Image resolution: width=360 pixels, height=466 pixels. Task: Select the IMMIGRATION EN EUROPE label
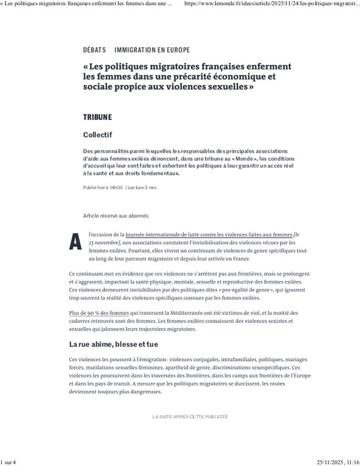[x=152, y=50]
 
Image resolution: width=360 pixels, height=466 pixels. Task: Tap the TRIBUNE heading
[x=97, y=118]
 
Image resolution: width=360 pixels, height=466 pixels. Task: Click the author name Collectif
[x=97, y=135]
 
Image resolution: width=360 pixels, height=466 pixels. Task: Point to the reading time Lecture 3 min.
[x=143, y=188]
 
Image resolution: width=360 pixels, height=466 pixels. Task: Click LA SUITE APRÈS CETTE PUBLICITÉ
[x=190, y=417]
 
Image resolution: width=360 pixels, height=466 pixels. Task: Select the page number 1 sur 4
[x=9, y=462]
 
